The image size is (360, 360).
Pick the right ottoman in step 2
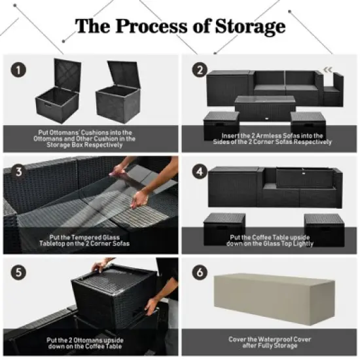pos(307,122)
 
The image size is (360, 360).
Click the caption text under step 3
pos(89,240)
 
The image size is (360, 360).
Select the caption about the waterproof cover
pos(269,342)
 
